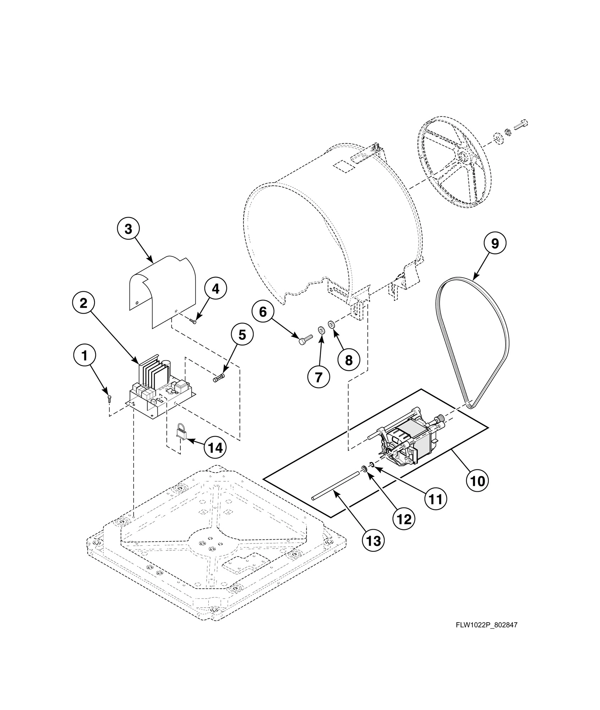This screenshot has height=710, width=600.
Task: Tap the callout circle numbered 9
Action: pos(495,243)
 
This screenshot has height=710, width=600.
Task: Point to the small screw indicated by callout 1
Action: pos(110,398)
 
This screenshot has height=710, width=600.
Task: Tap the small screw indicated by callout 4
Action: pos(193,322)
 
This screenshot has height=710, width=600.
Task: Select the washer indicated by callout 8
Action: pos(332,324)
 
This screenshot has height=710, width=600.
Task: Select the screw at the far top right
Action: pos(521,125)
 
